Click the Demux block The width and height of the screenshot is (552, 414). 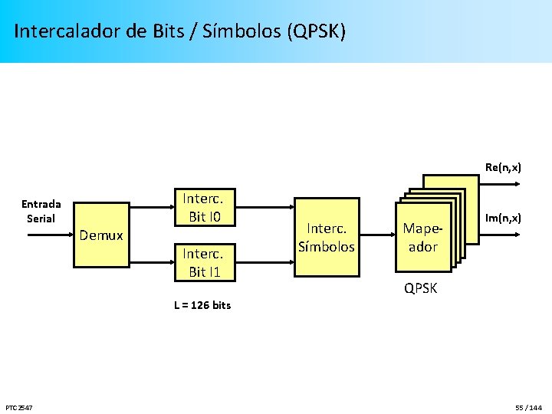(x=101, y=235)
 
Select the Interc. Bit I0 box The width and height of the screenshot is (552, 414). (x=202, y=207)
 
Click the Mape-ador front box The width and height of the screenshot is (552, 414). (x=422, y=237)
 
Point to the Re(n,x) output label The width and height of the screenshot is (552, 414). (x=503, y=167)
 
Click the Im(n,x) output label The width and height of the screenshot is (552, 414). (x=503, y=219)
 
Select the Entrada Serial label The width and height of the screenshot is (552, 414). (x=41, y=211)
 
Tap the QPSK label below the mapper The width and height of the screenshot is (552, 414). (x=421, y=289)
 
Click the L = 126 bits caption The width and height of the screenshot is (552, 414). (x=202, y=305)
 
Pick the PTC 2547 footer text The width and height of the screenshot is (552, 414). (x=18, y=406)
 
